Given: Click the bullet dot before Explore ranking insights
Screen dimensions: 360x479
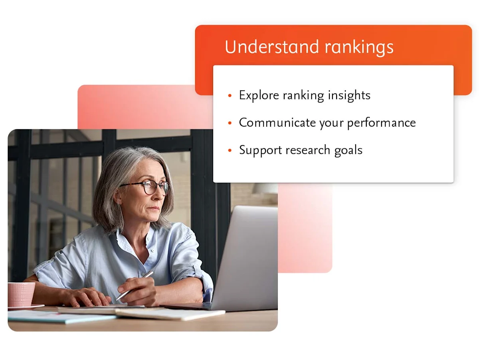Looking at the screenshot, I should [x=230, y=96].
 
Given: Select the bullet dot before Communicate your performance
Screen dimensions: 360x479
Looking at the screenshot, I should [x=230, y=123].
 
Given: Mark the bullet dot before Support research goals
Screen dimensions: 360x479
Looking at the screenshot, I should [x=230, y=151].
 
